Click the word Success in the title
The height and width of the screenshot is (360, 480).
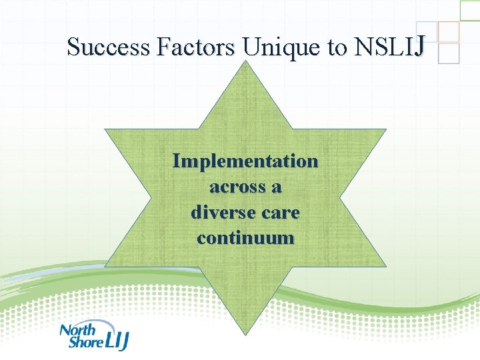(109, 47)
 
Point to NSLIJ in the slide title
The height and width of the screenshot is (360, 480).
(389, 47)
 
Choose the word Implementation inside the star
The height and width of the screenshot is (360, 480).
(245, 161)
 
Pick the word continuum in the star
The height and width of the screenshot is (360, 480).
(245, 238)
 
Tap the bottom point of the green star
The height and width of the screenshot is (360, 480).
(245, 333)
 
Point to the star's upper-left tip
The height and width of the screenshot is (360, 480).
(107, 129)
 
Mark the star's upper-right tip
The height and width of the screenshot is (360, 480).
(385, 129)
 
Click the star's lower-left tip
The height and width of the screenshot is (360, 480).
(107, 265)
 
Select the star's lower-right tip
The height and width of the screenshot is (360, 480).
(385, 265)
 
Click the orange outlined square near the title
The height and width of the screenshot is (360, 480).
(449, 31)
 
